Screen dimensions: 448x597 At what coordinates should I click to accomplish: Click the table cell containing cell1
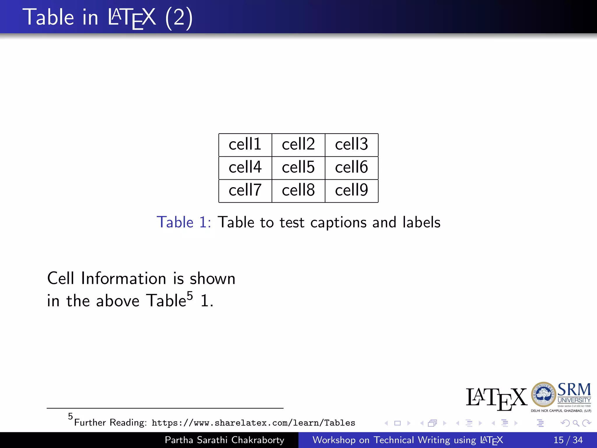pos(245,144)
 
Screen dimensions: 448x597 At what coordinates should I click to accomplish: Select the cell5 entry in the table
pos(298,167)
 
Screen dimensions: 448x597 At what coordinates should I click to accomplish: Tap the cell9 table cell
pos(352,190)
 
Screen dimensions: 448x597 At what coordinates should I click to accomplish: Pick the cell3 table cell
pos(352,144)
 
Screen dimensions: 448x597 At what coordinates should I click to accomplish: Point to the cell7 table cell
pos(245,190)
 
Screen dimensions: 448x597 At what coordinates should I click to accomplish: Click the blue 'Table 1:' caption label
pos(184,222)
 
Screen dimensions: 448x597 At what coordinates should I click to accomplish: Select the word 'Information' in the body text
pos(124,278)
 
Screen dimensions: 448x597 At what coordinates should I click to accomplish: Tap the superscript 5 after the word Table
pos(190,296)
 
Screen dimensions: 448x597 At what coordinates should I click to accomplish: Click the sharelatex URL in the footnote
pos(253,423)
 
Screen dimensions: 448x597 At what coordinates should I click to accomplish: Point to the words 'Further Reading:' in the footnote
pos(110,423)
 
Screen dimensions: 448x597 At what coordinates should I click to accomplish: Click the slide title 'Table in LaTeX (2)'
pos(108,17)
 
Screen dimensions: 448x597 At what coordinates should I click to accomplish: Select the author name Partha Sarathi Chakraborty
pos(224,440)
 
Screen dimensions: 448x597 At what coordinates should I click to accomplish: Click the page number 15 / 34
pos(568,440)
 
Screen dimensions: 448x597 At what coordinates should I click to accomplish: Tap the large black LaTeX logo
pos(496,398)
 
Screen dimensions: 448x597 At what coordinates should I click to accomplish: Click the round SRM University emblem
pos(543,395)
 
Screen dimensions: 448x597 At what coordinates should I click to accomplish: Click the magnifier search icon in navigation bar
pos(576,423)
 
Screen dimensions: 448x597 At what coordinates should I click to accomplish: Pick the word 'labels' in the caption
pos(421,222)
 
